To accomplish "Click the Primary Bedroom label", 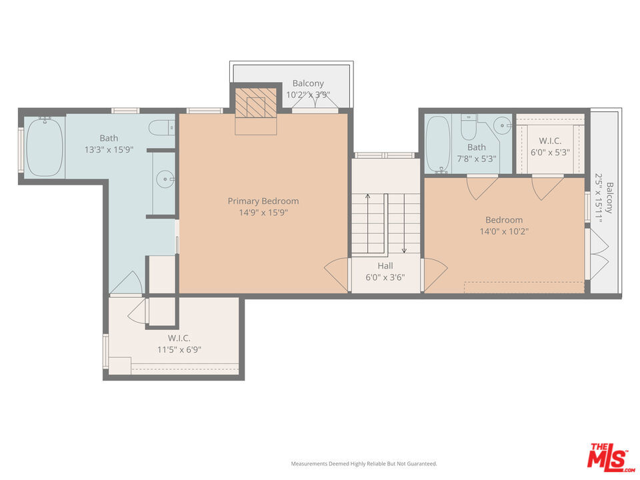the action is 263,201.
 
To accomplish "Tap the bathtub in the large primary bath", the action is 45,147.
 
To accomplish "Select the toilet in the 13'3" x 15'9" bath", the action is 162,128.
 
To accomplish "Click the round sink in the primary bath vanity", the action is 166,179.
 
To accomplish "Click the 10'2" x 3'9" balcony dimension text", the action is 308,95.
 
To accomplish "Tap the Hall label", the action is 385,266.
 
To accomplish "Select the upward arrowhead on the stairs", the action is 367,196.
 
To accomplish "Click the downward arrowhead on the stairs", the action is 404,251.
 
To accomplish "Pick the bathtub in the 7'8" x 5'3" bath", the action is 438,144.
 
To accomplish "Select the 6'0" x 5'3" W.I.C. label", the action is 550,152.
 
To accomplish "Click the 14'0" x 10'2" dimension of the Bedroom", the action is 504,231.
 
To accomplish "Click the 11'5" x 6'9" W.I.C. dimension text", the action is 179,350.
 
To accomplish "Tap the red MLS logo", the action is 610,457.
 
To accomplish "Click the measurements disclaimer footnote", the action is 364,464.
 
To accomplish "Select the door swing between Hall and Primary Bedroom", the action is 336,275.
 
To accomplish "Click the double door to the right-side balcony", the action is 597,254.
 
